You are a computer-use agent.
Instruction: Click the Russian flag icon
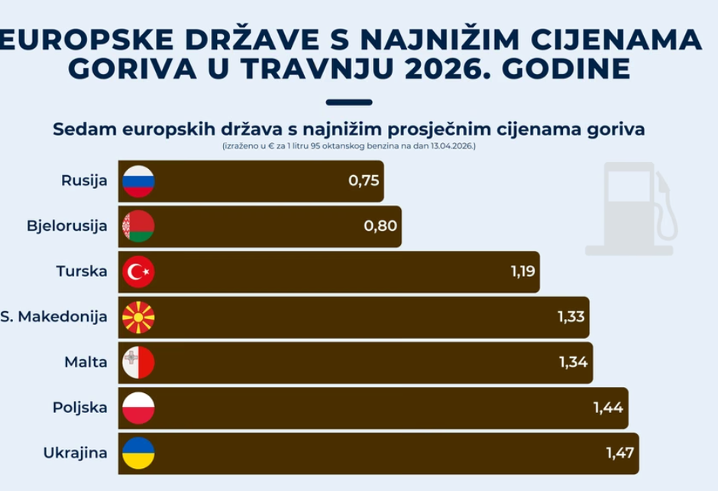point(138,182)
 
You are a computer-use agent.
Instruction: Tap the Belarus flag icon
point(138,226)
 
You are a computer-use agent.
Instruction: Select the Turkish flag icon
point(138,272)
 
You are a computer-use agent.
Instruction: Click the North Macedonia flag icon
point(138,317)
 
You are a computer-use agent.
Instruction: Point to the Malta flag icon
point(138,362)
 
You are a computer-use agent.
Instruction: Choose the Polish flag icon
point(138,407)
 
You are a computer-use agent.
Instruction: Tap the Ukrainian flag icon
point(138,452)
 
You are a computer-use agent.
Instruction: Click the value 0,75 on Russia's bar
point(364,182)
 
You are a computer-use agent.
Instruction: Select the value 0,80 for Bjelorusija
point(381,226)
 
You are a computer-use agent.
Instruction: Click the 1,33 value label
point(570,317)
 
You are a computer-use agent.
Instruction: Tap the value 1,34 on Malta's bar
point(573,362)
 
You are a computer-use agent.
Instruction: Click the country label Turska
point(82,272)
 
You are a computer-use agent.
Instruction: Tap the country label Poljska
point(79,407)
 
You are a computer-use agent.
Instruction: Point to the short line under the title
point(348,102)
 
